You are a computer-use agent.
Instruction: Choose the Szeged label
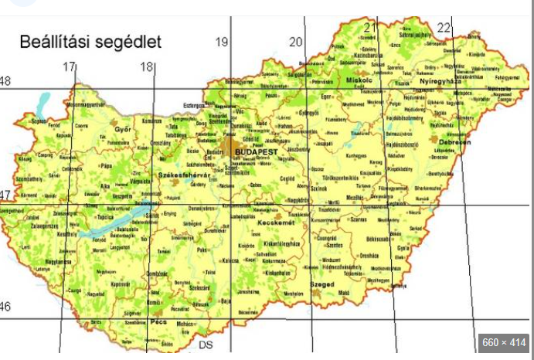click(321, 284)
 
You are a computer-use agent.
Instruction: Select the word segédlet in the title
click(128, 42)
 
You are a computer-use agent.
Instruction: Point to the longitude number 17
click(70, 67)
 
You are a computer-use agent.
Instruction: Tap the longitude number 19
click(222, 42)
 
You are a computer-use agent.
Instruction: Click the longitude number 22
click(444, 28)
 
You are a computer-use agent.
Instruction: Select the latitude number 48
click(6, 82)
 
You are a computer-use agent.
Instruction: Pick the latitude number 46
click(6, 307)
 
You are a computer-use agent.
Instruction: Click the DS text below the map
click(206, 345)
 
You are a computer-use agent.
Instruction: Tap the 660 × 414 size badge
click(502, 342)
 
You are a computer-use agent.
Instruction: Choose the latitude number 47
click(6, 195)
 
